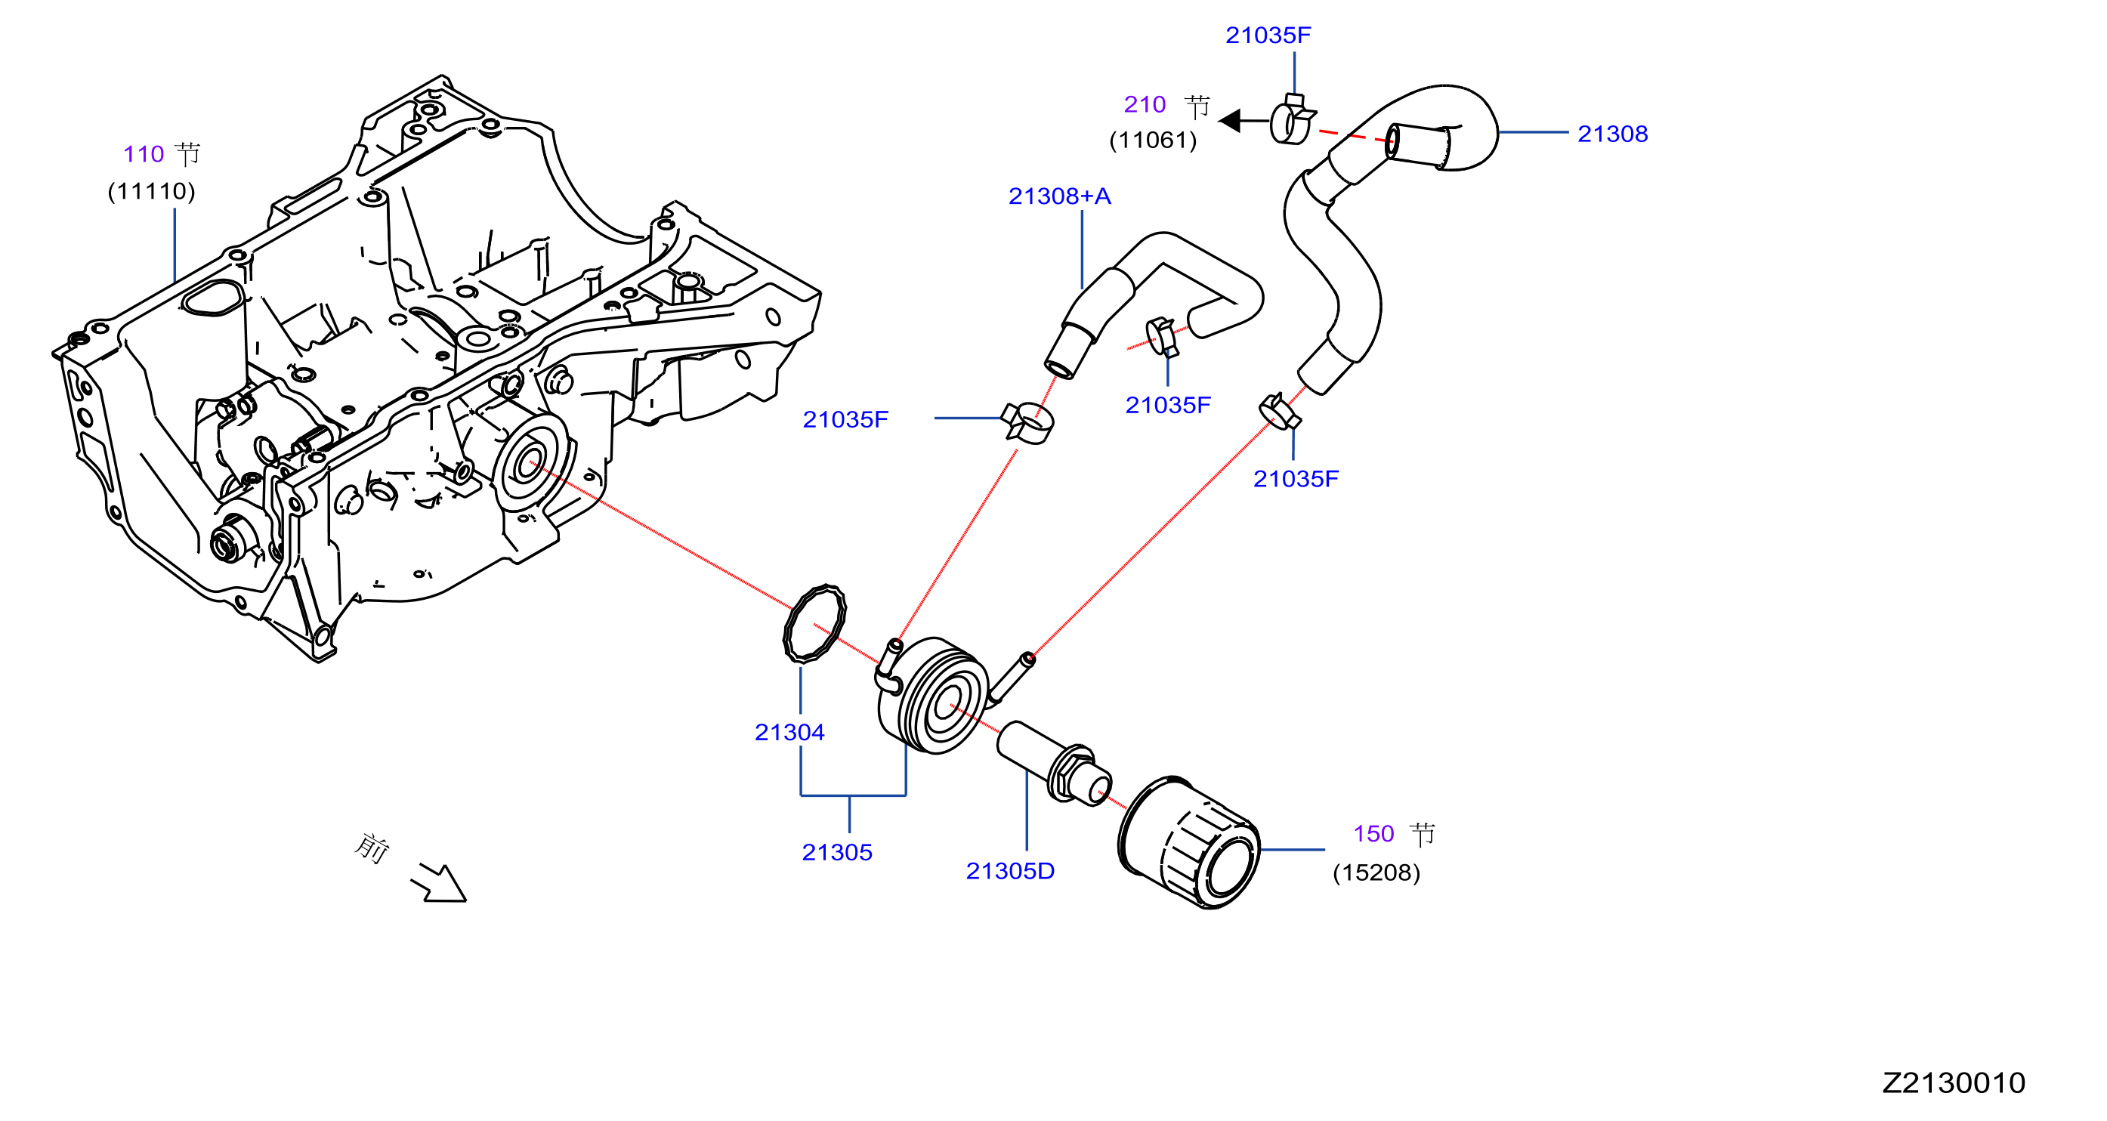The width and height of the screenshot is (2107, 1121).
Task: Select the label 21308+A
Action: (x=1059, y=196)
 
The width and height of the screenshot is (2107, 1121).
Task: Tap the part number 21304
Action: (x=789, y=732)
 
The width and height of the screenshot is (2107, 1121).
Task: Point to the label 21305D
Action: (x=1010, y=871)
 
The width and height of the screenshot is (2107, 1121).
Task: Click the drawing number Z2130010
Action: (x=1953, y=1082)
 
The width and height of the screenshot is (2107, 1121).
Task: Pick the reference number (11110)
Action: (x=151, y=191)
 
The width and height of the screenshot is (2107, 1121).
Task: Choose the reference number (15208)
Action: (x=1376, y=872)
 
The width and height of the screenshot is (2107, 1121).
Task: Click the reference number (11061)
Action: (x=1154, y=140)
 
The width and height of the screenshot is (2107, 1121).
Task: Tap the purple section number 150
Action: (x=1373, y=833)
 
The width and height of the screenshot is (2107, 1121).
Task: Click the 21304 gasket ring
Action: (x=814, y=623)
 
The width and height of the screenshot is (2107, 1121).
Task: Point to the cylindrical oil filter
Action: (x=1188, y=842)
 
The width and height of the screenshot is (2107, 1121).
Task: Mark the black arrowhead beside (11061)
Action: (x=1230, y=121)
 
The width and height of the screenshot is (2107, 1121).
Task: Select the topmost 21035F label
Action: (x=1268, y=36)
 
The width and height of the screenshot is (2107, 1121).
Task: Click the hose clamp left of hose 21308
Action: (x=1293, y=120)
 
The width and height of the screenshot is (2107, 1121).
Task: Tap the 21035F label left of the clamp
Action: (x=845, y=419)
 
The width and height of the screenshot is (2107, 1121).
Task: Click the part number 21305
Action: (x=837, y=852)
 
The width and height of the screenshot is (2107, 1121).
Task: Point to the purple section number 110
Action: (x=143, y=153)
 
